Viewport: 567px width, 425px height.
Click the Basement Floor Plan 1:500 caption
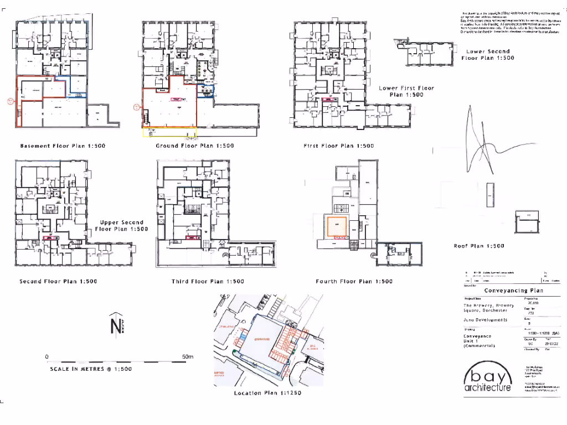click(63, 146)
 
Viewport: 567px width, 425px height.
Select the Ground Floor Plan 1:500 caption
click(195, 146)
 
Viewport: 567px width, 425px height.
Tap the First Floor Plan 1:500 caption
click(339, 146)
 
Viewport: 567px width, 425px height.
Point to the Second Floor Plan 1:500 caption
click(58, 282)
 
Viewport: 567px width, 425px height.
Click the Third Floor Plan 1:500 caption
click(208, 282)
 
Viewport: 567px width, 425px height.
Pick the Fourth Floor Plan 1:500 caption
click(354, 282)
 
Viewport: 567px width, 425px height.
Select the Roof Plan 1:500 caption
click(479, 246)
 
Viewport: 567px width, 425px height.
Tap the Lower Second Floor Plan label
click(487, 54)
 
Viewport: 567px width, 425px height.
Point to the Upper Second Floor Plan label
click(121, 225)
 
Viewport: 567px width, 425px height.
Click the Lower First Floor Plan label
click(406, 91)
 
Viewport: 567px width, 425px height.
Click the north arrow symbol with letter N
click(115, 326)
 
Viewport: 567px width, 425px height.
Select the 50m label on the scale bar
click(188, 357)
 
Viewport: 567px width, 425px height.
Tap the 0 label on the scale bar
click(47, 357)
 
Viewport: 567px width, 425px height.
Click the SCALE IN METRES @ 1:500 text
click(90, 369)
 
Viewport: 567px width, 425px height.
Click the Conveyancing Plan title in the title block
click(513, 291)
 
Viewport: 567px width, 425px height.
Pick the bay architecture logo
click(487, 377)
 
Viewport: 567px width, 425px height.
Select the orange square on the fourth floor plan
click(336, 227)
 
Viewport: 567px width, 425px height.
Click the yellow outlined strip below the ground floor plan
click(170, 132)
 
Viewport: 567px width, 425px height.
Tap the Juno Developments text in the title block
click(485, 320)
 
